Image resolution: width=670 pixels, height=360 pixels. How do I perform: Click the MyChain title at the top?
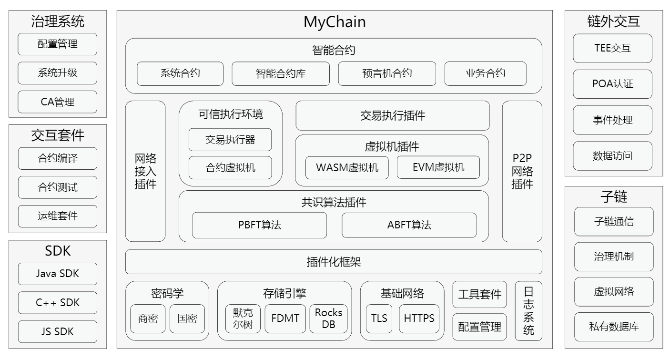click(335, 22)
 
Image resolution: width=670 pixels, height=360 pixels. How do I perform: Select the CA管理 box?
click(57, 102)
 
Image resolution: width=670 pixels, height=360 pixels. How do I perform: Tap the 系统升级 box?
click(57, 73)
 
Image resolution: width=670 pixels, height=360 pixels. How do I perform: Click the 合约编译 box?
click(57, 158)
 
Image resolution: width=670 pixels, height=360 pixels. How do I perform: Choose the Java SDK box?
click(57, 274)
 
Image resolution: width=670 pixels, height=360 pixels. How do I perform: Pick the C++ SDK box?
click(57, 303)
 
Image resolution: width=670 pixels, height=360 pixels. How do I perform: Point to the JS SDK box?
click(57, 331)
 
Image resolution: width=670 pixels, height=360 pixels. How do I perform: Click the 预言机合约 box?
click(386, 73)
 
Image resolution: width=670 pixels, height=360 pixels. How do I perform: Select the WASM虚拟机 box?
click(347, 167)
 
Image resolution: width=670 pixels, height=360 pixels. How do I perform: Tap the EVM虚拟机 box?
click(438, 167)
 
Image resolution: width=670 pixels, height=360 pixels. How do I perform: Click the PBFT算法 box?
click(259, 225)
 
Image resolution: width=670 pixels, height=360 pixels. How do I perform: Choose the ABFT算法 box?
click(409, 225)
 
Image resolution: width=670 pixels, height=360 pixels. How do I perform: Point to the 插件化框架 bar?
click(334, 262)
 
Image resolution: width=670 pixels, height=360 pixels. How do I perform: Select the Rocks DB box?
click(328, 319)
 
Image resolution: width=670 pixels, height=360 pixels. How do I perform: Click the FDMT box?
click(285, 319)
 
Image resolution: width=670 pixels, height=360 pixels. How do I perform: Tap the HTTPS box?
click(419, 319)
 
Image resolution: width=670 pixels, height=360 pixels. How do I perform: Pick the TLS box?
click(379, 319)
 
